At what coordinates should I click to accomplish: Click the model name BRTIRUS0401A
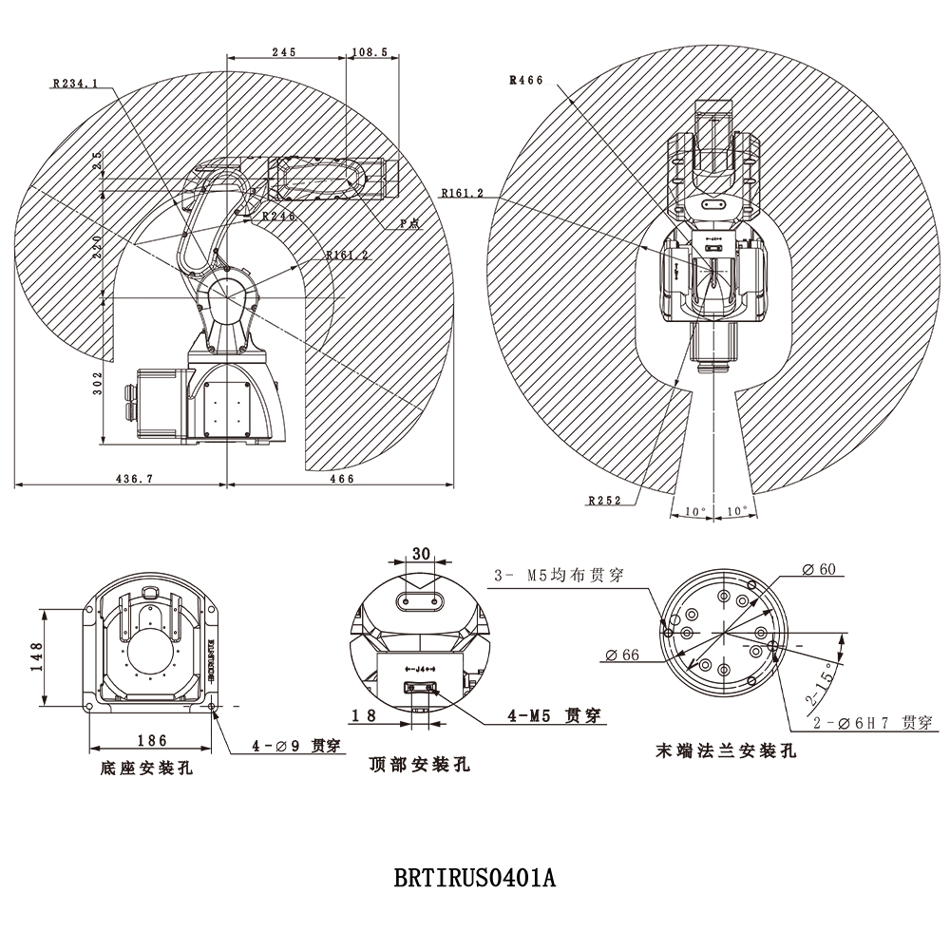[474, 876]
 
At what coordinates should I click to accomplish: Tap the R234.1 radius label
[76, 84]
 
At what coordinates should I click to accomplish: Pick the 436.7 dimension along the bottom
[134, 479]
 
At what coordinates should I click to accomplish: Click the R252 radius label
[604, 500]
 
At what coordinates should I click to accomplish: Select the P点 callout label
[410, 222]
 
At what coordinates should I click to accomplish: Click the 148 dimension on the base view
[36, 656]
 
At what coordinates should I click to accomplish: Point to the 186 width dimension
[151, 740]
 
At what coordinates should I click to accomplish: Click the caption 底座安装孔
[146, 768]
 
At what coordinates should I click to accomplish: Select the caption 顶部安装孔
[419, 765]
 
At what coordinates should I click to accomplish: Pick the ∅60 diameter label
[818, 569]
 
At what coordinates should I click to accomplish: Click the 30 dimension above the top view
[422, 553]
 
